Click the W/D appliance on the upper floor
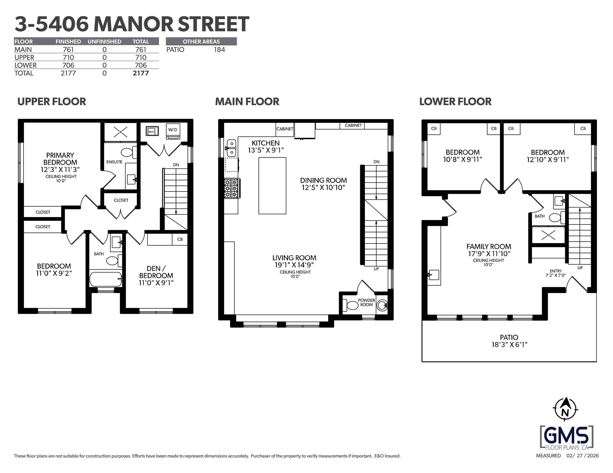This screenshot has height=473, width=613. tap(173, 131)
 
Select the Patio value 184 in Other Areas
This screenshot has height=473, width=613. tap(220, 50)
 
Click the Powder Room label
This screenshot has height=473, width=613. tap(367, 302)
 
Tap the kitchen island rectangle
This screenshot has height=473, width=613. tap(272, 186)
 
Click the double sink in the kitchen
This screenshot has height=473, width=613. tap(231, 148)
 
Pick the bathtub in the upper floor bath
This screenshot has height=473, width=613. tap(105, 279)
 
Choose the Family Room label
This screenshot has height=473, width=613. tap(489, 247)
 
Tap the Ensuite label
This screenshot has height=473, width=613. tap(114, 162)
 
